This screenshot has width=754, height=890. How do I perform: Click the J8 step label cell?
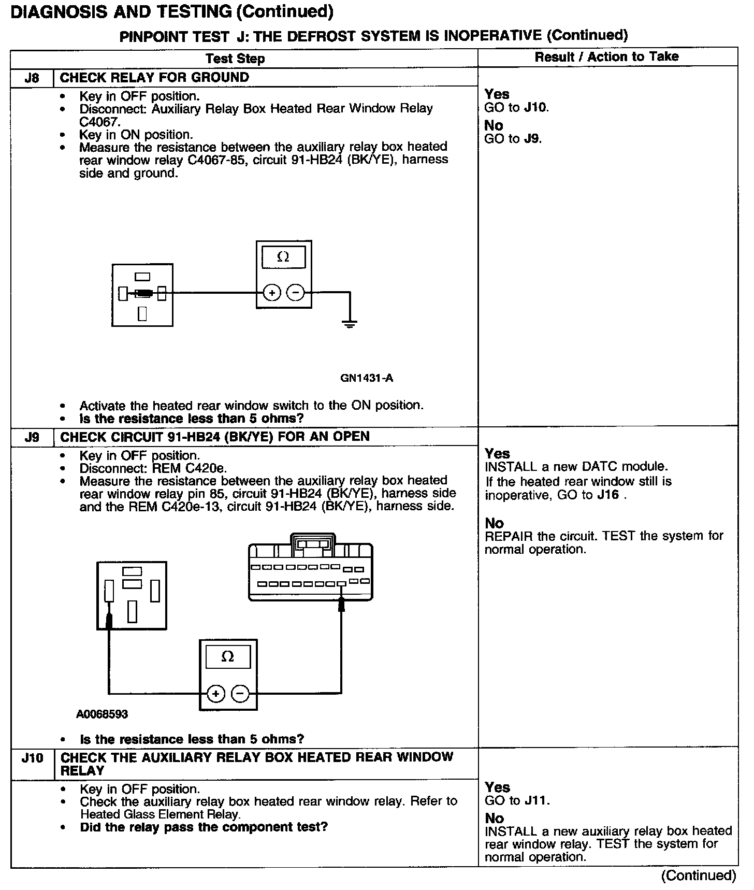click(32, 78)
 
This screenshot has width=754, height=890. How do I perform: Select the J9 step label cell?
click(32, 437)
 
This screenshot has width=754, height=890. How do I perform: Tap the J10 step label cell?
click(32, 758)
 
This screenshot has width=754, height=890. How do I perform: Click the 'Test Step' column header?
click(235, 59)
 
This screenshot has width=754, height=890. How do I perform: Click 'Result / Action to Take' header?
click(606, 57)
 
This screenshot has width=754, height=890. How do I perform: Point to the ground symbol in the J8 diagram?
click(350, 324)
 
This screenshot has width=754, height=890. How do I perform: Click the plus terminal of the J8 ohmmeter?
click(272, 293)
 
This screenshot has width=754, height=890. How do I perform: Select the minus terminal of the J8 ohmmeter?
click(296, 293)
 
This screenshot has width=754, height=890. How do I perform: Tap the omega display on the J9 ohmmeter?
click(228, 657)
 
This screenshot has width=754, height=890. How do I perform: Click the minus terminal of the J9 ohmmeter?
click(240, 693)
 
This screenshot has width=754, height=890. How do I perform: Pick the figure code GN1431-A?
click(367, 378)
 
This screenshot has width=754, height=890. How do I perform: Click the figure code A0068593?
click(102, 714)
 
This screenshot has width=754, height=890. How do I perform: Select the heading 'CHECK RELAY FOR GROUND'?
click(154, 78)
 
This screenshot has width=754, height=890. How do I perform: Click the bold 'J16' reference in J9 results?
click(608, 495)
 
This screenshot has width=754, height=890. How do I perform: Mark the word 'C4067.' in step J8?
click(99, 122)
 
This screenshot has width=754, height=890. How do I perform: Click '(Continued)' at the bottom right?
click(699, 875)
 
